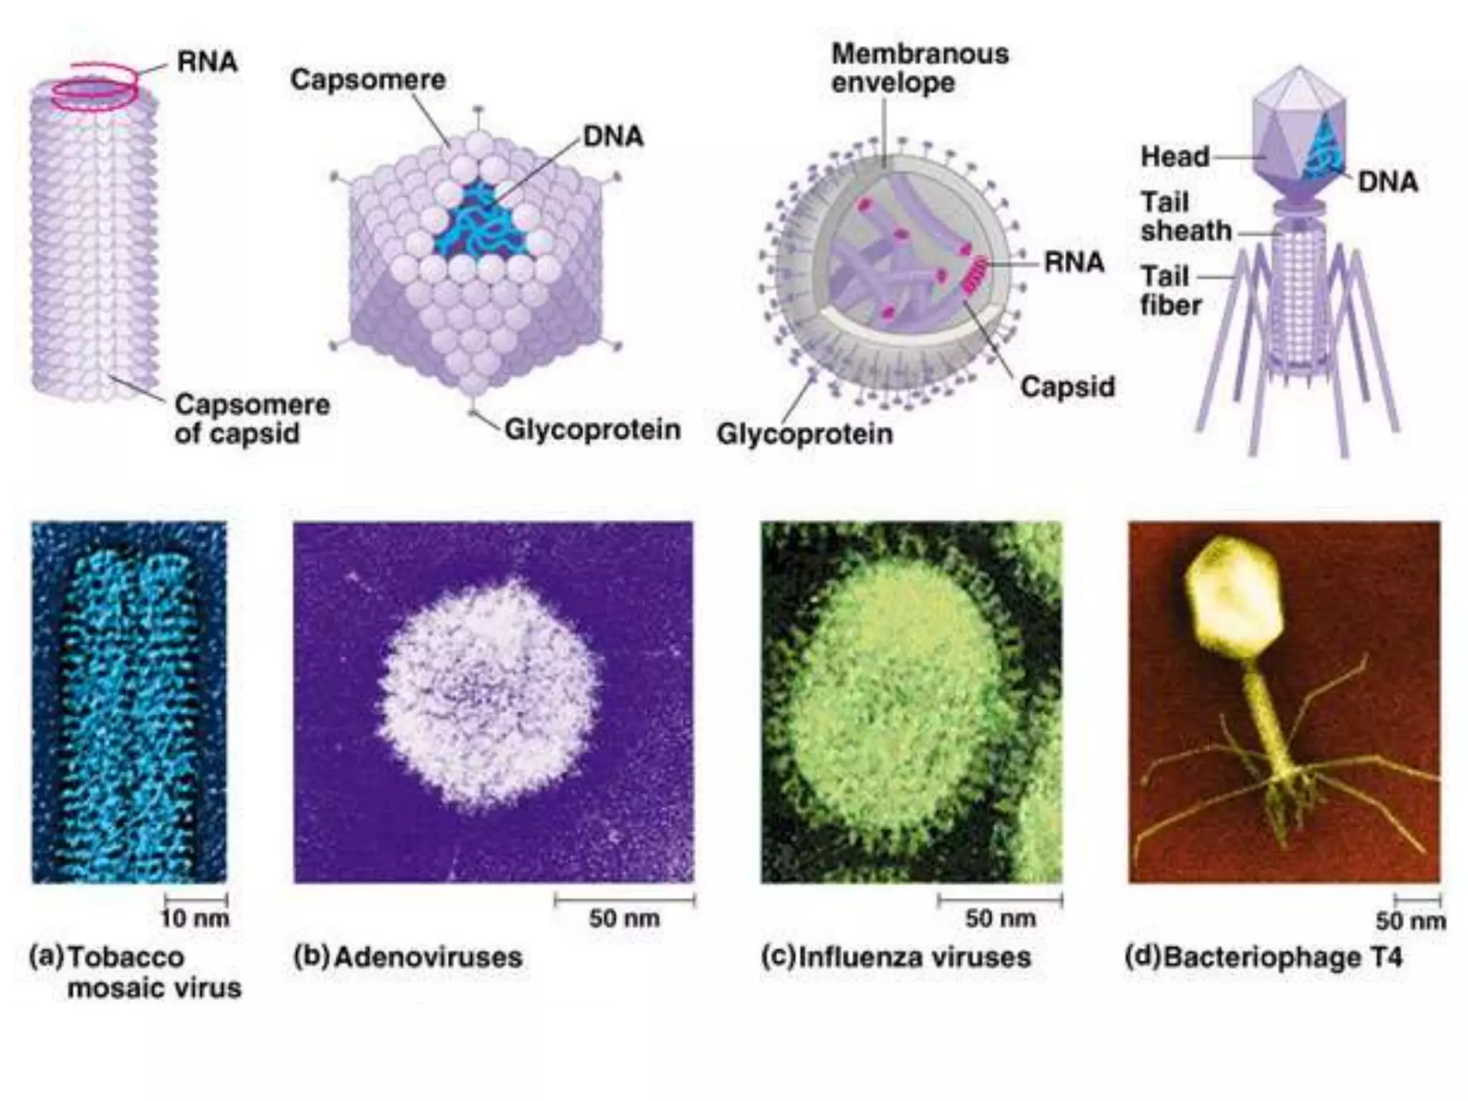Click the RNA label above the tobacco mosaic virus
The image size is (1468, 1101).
207,62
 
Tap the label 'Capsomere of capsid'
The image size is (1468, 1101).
251,419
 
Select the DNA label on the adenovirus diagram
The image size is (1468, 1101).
613,136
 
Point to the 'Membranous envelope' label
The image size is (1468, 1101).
920,68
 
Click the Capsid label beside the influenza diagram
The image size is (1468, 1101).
1067,387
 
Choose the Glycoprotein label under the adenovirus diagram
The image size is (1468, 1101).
592,430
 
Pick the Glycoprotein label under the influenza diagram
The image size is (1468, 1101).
804,434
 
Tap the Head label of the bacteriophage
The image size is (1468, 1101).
1175,156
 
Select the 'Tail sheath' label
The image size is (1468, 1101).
1186,216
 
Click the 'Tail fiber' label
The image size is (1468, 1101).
1170,290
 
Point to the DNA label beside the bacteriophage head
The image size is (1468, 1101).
1388,182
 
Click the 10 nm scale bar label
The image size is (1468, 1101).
194,918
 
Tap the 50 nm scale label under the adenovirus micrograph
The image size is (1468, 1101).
624,918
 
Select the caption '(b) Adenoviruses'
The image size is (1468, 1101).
409,957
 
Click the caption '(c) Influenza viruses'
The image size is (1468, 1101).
896,957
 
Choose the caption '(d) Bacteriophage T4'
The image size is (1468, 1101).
1263,957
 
